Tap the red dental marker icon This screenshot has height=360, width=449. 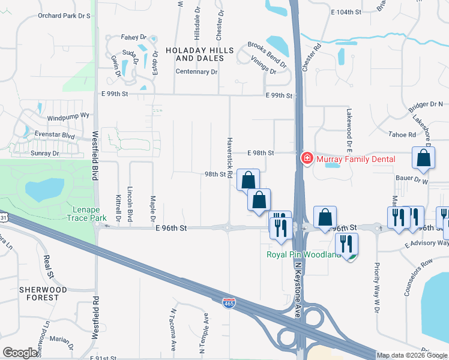click(x=306, y=158)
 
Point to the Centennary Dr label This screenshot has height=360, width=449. click(x=196, y=71)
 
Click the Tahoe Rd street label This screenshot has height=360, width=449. click(x=402, y=135)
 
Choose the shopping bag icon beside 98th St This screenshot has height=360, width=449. click(x=248, y=179)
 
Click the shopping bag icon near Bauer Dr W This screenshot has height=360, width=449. click(x=423, y=158)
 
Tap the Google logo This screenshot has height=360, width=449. click(x=20, y=353)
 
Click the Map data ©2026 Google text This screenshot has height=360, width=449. click(x=412, y=355)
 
